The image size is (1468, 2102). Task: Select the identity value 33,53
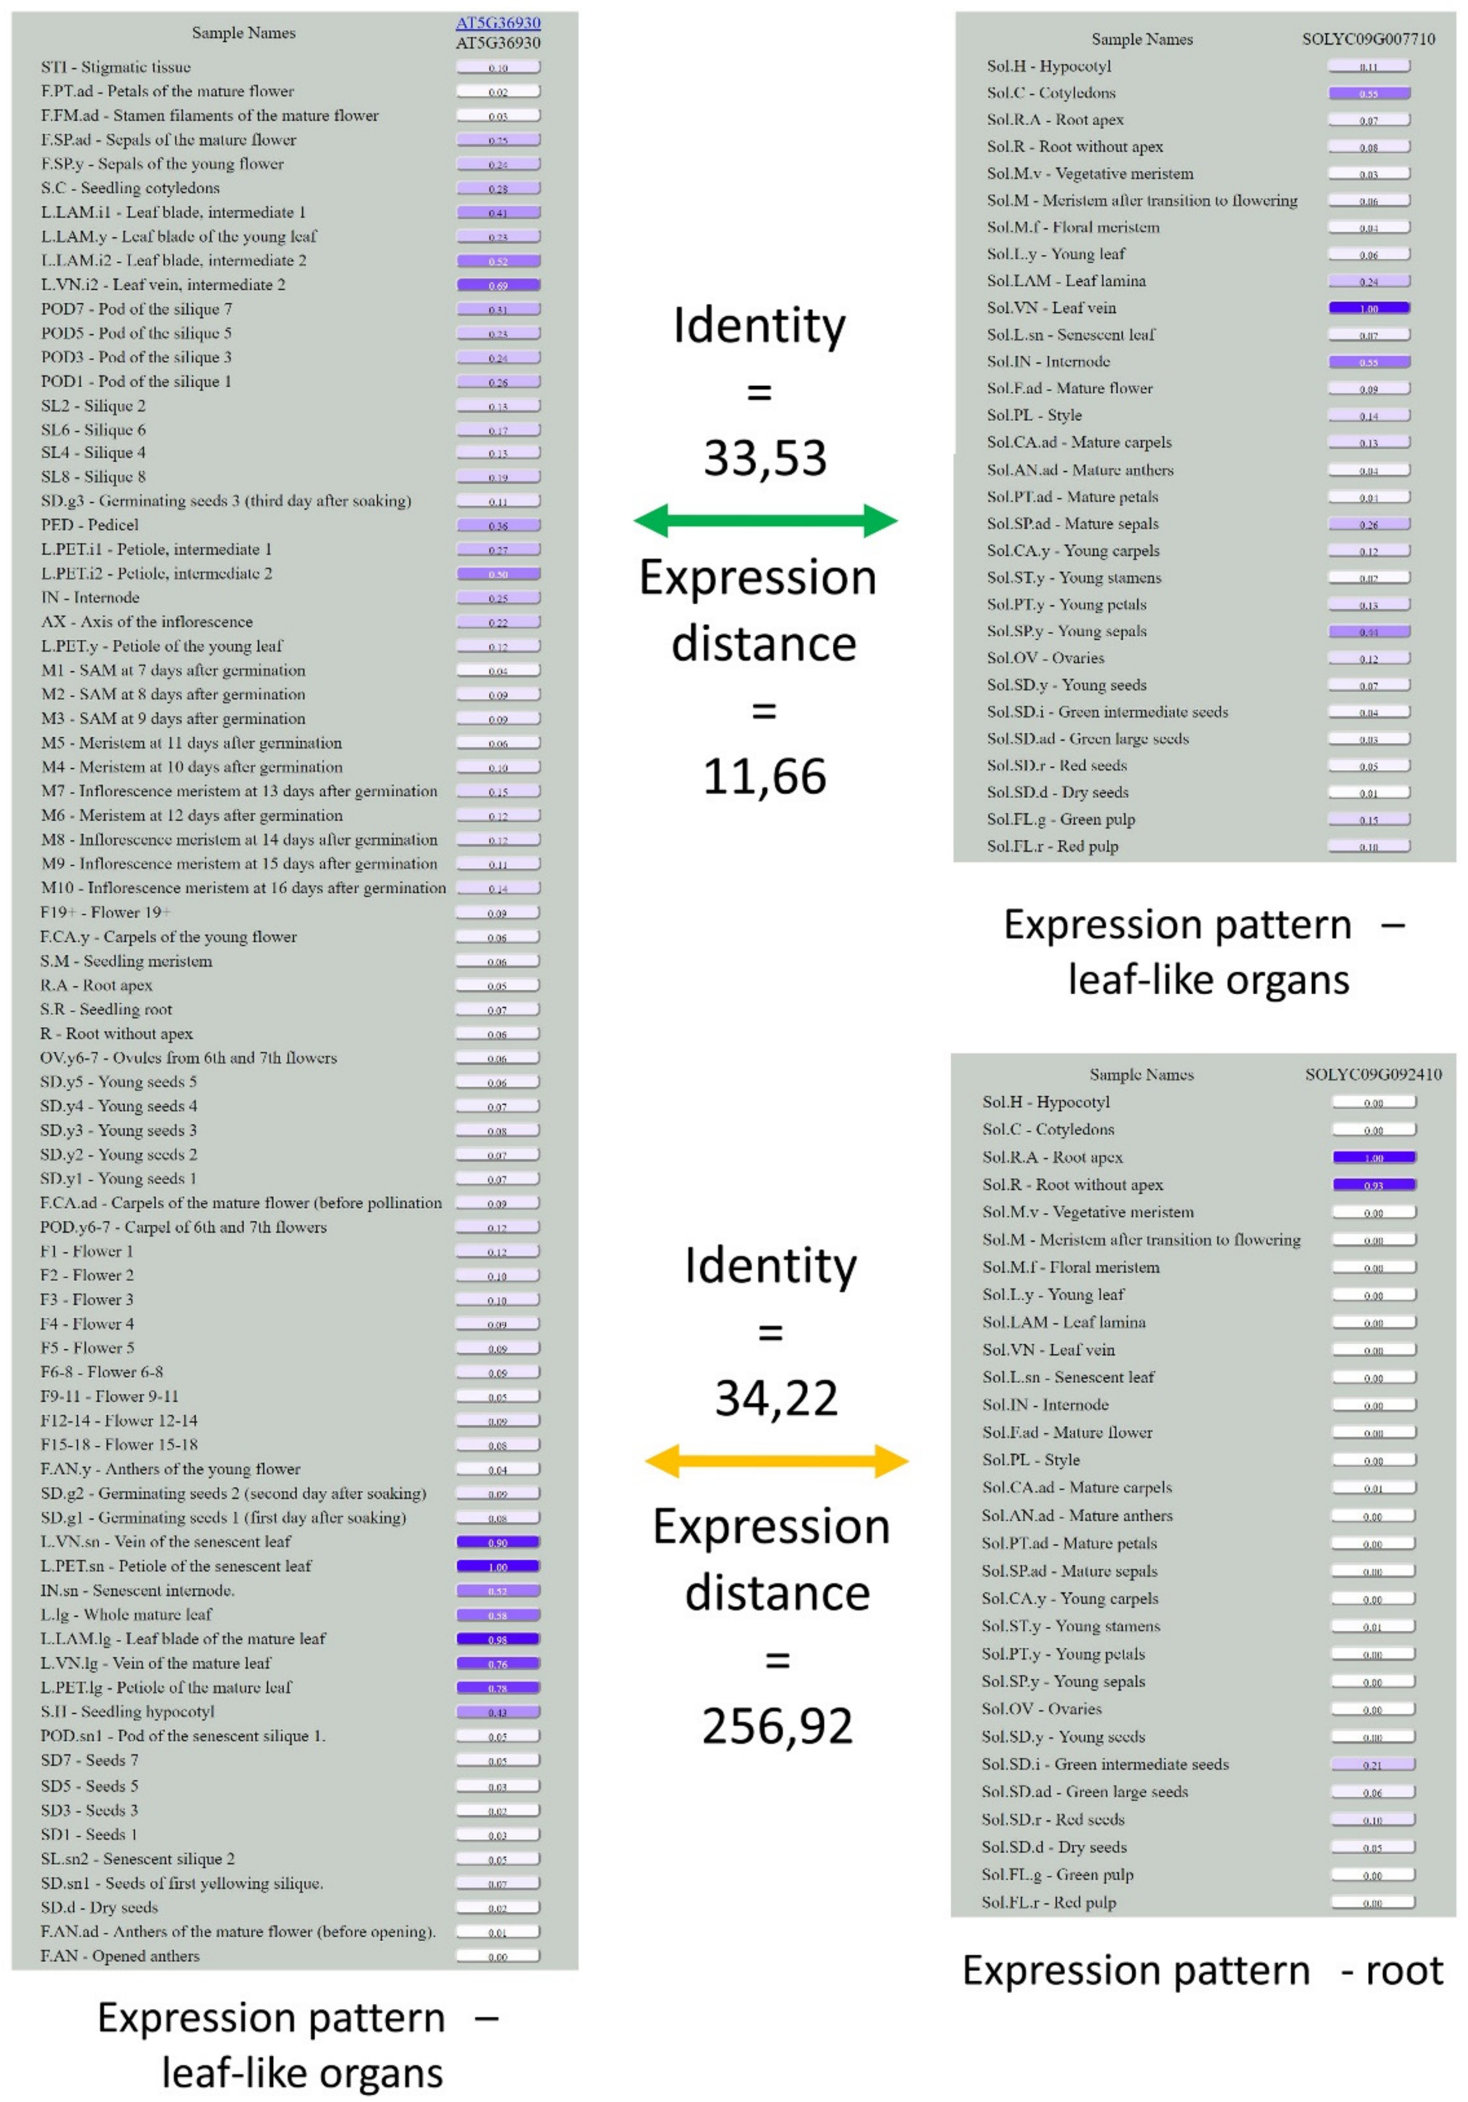[765, 458]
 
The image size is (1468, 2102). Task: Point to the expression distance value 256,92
[777, 1726]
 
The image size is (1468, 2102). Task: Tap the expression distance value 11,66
[765, 776]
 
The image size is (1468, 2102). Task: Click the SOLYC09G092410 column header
[1373, 1074]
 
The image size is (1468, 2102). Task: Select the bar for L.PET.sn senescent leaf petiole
[498, 1567]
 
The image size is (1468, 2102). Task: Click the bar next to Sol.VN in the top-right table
[1369, 309]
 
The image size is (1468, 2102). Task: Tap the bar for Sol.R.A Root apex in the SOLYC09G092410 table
[1374, 1157]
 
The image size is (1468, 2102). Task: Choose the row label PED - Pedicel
[90, 524]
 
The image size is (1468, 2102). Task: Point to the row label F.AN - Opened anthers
[120, 1955]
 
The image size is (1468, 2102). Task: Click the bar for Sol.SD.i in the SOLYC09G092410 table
[1374, 1764]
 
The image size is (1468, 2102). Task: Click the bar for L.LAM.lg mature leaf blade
[498, 1639]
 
